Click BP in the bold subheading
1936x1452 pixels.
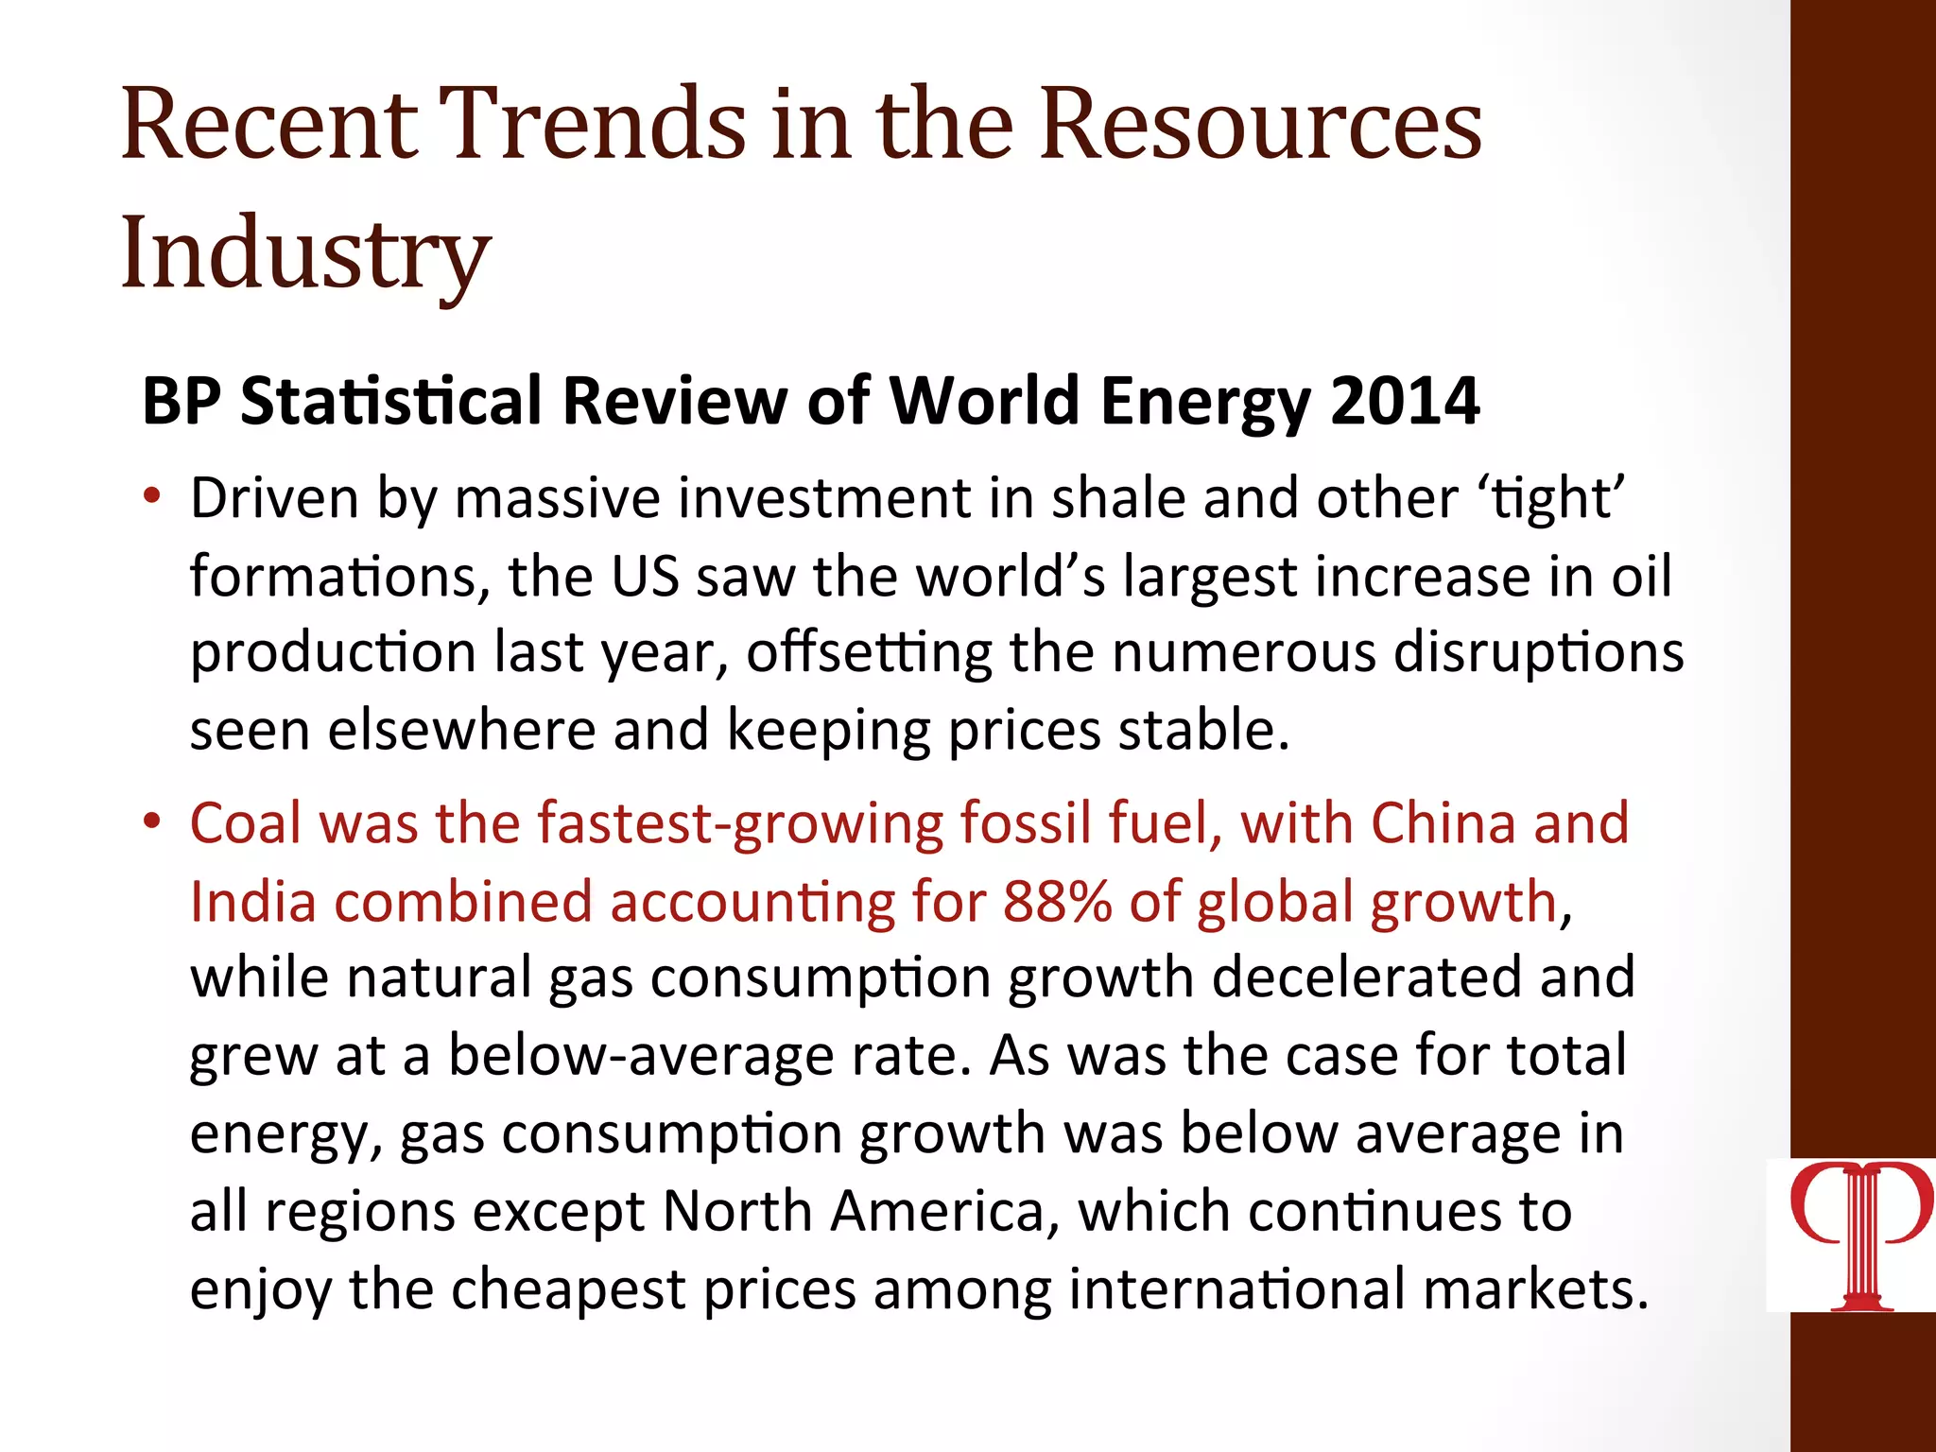pos(181,401)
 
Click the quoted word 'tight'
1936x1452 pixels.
pos(1551,498)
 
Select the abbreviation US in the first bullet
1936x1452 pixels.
pos(645,576)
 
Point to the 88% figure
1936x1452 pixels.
pos(1057,901)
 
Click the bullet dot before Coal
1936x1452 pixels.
pos(152,821)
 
